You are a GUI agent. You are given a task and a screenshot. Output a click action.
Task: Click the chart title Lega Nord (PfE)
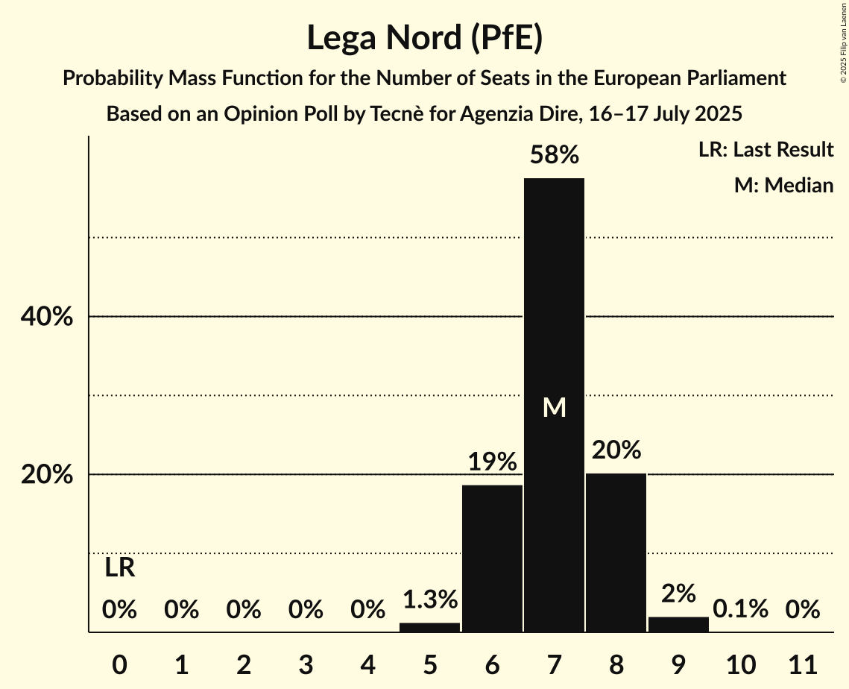click(x=424, y=38)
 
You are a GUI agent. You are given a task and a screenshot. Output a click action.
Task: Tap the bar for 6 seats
click(x=492, y=559)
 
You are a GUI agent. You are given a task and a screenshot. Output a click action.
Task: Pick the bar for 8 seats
click(x=616, y=553)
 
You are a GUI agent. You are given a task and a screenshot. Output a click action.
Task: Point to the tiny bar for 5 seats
click(x=429, y=627)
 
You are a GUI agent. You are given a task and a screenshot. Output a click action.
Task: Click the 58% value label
click(x=554, y=155)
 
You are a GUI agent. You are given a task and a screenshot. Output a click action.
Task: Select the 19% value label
click(x=492, y=462)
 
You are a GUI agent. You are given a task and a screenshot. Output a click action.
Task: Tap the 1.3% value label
click(x=429, y=599)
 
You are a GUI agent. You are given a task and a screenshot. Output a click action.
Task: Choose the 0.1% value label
click(x=740, y=609)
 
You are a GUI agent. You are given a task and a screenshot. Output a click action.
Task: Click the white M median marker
click(x=554, y=407)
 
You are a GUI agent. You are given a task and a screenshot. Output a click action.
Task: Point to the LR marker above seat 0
click(x=119, y=568)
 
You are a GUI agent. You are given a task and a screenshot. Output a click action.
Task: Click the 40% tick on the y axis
click(x=46, y=317)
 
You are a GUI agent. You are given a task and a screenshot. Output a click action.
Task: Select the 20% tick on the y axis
click(x=46, y=475)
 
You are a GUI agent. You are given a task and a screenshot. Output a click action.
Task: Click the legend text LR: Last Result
click(x=766, y=150)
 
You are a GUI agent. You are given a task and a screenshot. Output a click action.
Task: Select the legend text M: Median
click(x=783, y=185)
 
